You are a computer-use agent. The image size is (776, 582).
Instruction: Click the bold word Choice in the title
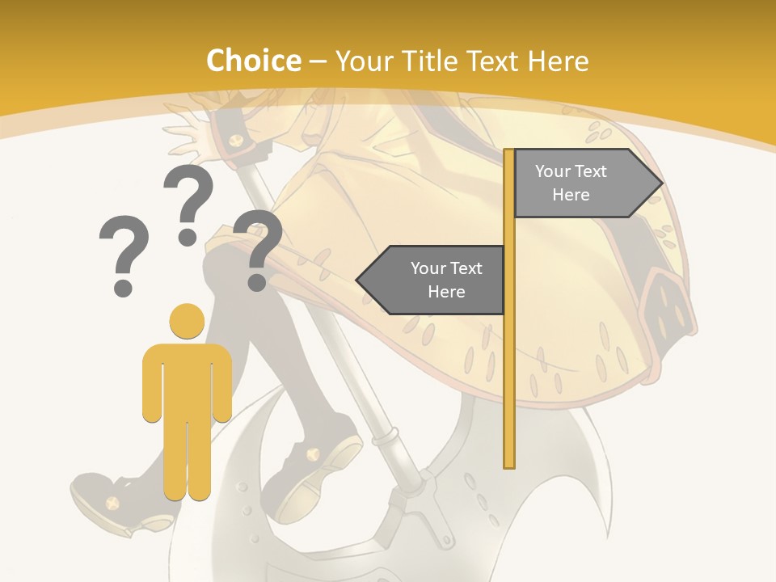(x=253, y=61)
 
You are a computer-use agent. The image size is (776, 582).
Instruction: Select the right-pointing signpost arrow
(x=587, y=183)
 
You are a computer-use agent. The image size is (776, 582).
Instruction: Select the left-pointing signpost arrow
(x=432, y=280)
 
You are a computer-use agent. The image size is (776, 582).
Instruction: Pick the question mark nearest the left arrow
(x=258, y=249)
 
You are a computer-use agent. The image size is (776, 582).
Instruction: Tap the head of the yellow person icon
(x=187, y=321)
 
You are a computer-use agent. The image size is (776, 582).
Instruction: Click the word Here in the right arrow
(x=571, y=195)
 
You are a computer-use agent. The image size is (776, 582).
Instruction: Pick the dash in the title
(x=318, y=62)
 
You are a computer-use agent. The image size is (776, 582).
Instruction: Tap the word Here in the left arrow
(x=446, y=292)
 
